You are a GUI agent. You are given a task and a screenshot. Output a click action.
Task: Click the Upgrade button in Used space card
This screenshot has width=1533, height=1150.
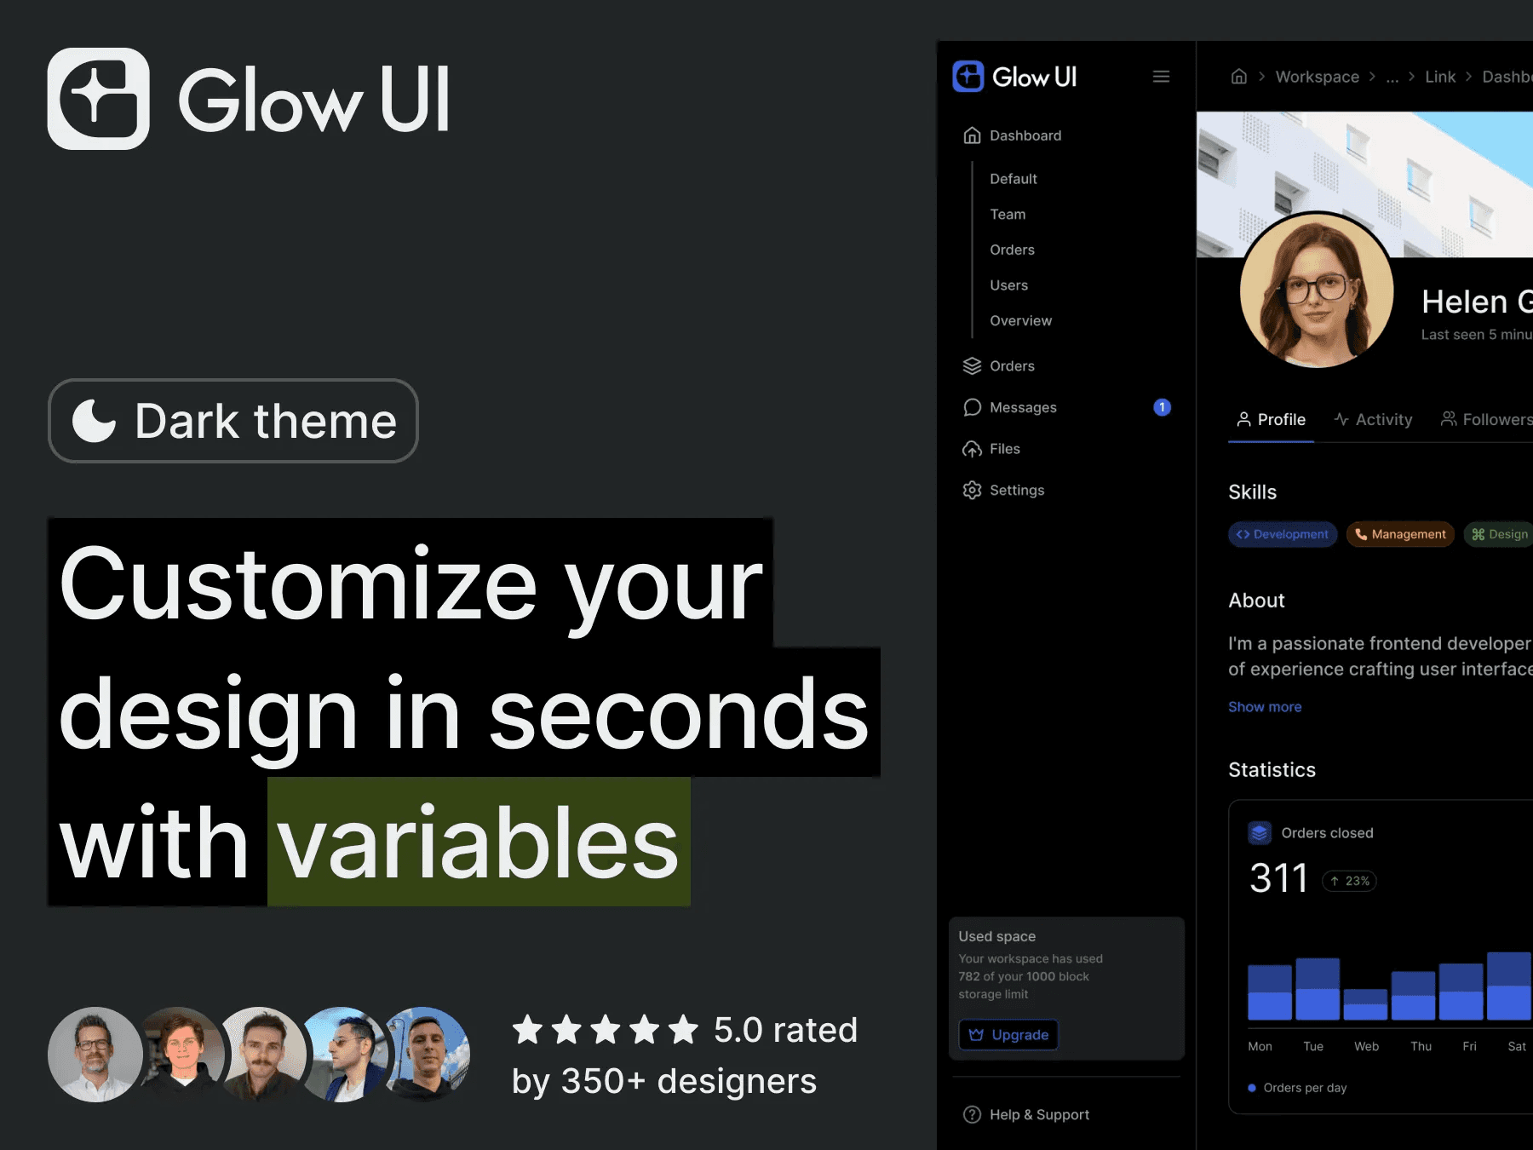[1008, 1034]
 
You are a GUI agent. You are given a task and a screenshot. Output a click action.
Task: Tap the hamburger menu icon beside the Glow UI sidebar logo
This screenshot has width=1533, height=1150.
[1161, 77]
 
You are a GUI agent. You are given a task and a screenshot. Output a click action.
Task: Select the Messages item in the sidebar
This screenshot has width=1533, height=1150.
[1023, 407]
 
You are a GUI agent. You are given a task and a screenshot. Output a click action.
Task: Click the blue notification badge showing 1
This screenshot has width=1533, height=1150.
[1162, 407]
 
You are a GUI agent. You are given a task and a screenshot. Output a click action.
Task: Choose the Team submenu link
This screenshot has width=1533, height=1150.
[1008, 215]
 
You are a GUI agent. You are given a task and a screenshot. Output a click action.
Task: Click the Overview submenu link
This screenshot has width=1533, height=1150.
[1020, 321]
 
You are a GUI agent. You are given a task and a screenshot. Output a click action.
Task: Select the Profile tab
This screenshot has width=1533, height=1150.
[1271, 420]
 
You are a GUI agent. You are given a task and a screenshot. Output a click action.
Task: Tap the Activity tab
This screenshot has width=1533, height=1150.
[1373, 420]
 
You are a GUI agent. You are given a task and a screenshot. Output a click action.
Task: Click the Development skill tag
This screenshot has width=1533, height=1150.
[1283, 534]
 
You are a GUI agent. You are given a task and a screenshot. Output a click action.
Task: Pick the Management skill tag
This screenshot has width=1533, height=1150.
[1400, 534]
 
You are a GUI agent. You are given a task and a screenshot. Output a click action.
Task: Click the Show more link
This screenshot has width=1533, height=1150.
[1265, 707]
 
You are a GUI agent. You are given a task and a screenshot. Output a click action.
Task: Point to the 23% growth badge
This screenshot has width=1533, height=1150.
[1350, 881]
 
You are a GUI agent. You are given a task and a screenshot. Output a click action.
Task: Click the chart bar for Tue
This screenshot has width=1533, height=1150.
[1318, 989]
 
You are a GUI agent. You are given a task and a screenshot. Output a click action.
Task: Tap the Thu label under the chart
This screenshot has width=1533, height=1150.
[1421, 1046]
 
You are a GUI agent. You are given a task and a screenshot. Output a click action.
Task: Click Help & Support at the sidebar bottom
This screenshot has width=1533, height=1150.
[1026, 1114]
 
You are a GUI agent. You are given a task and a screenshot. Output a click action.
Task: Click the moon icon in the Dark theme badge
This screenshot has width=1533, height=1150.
[94, 421]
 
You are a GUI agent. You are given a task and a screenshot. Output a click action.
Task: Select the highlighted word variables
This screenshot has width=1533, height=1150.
[479, 842]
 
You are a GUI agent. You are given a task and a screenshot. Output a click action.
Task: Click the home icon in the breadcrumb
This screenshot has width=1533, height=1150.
[1239, 77]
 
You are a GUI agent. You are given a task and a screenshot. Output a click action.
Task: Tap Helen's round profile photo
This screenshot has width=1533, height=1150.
[1317, 290]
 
